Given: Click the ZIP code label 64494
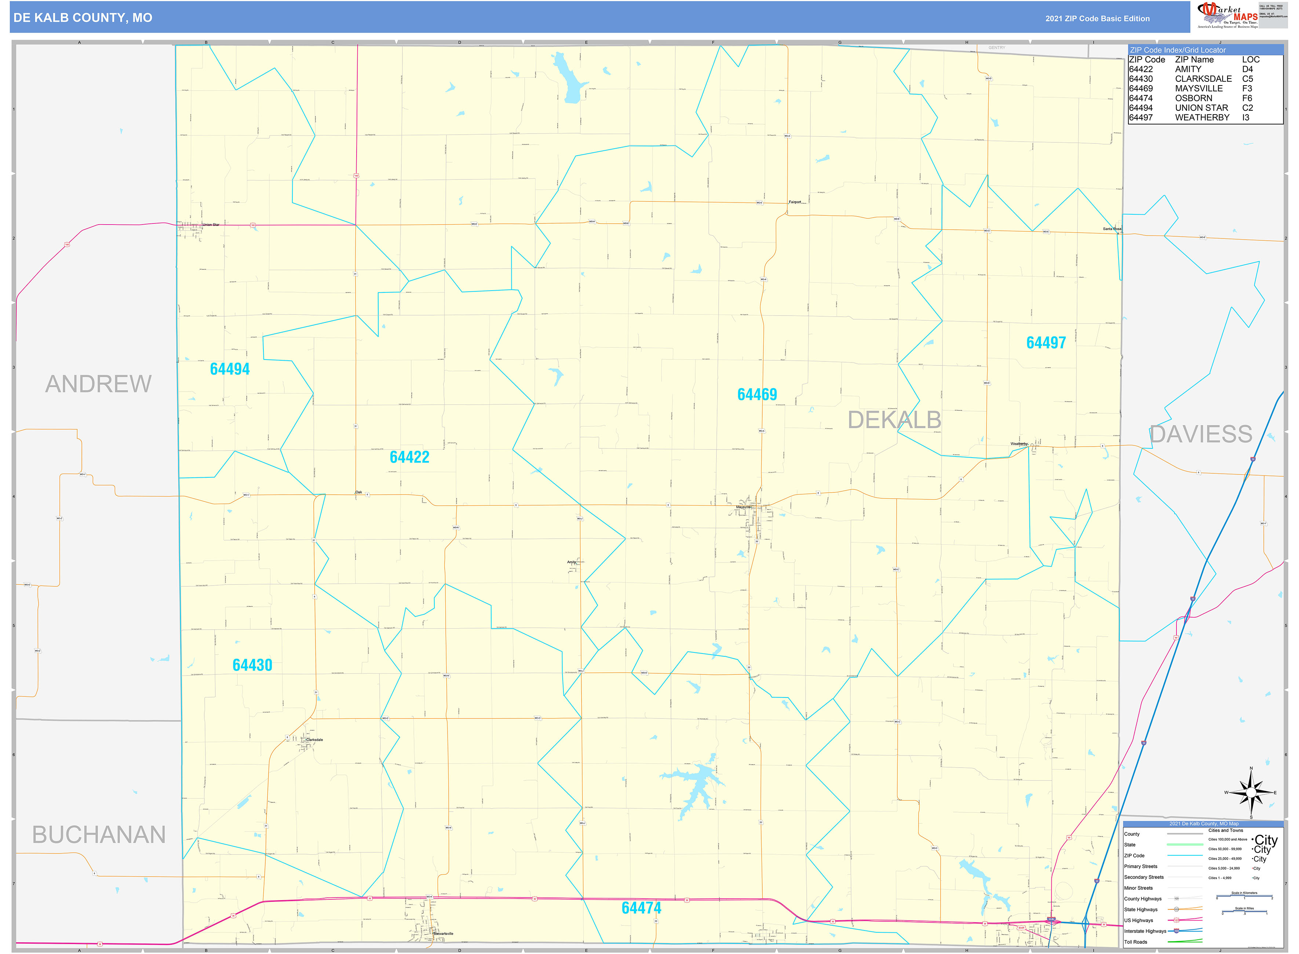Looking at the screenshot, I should pos(230,369).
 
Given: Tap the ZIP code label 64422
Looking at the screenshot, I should pos(409,457).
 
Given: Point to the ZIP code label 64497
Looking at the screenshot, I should pos(1046,343).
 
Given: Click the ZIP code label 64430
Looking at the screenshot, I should pos(252,665).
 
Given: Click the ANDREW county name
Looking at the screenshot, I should pos(98,385).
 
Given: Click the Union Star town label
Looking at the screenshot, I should pos(211,225).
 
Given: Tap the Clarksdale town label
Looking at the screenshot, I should pos(315,740).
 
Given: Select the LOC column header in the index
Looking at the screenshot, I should pos(1251,59).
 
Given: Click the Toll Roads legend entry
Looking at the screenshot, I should pos(1136,942).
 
